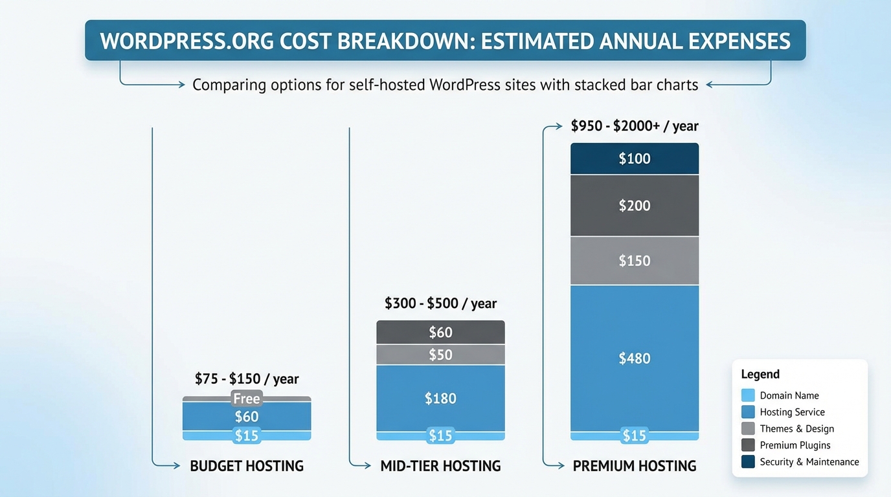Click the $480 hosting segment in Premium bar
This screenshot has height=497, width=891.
click(635, 358)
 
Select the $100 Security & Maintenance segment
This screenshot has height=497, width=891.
click(635, 159)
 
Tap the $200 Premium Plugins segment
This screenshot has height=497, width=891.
click(635, 206)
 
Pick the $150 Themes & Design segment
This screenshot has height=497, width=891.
click(635, 261)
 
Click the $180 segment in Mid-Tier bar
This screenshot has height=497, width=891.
click(440, 398)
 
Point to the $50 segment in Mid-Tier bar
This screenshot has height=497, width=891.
click(440, 355)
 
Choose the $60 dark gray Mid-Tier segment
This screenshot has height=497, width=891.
click(440, 333)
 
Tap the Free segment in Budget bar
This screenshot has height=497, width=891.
click(247, 399)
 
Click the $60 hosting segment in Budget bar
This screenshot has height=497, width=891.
click(247, 417)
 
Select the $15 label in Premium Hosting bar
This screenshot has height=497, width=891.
click(635, 436)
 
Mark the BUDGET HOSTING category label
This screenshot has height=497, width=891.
click(247, 466)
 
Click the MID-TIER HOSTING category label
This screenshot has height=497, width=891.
click(440, 466)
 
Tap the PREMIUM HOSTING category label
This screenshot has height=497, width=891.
click(635, 466)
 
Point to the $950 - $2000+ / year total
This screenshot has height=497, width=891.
click(635, 126)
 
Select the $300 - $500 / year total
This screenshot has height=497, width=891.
click(440, 304)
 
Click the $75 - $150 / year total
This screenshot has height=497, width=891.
click(247, 379)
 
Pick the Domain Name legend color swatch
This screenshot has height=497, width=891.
click(748, 395)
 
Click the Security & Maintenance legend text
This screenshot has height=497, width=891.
click(809, 462)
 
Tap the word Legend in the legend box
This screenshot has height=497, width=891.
click(760, 374)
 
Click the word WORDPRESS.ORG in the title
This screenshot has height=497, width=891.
click(186, 41)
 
